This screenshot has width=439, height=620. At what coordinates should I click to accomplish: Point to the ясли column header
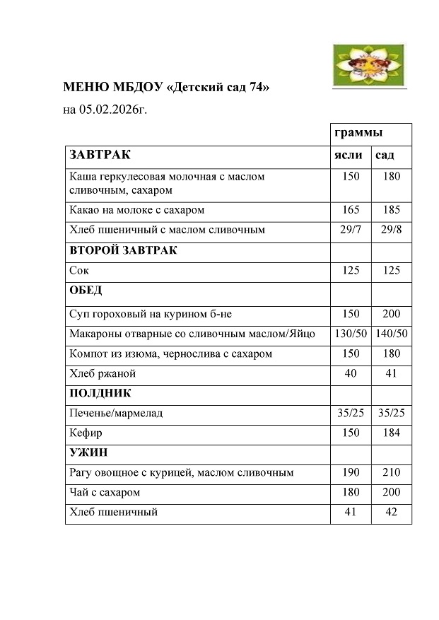(x=348, y=155)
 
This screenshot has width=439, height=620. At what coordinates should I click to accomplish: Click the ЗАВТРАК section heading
(x=100, y=155)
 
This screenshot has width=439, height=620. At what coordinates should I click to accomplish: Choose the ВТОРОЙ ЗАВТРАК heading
(x=123, y=251)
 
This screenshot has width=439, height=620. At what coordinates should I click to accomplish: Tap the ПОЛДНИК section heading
(x=100, y=393)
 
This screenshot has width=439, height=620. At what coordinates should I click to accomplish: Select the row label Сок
(x=79, y=271)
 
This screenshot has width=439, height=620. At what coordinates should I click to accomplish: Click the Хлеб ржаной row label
(x=103, y=373)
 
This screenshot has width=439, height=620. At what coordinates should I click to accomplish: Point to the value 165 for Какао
(x=350, y=210)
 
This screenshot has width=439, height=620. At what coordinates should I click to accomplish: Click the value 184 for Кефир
(x=391, y=433)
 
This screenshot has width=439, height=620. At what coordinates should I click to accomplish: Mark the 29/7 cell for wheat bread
(x=350, y=230)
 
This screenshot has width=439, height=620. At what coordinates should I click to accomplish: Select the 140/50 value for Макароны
(x=392, y=334)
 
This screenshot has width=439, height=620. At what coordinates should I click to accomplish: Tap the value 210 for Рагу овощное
(x=391, y=472)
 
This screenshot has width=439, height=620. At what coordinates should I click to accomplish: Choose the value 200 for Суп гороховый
(x=391, y=314)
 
